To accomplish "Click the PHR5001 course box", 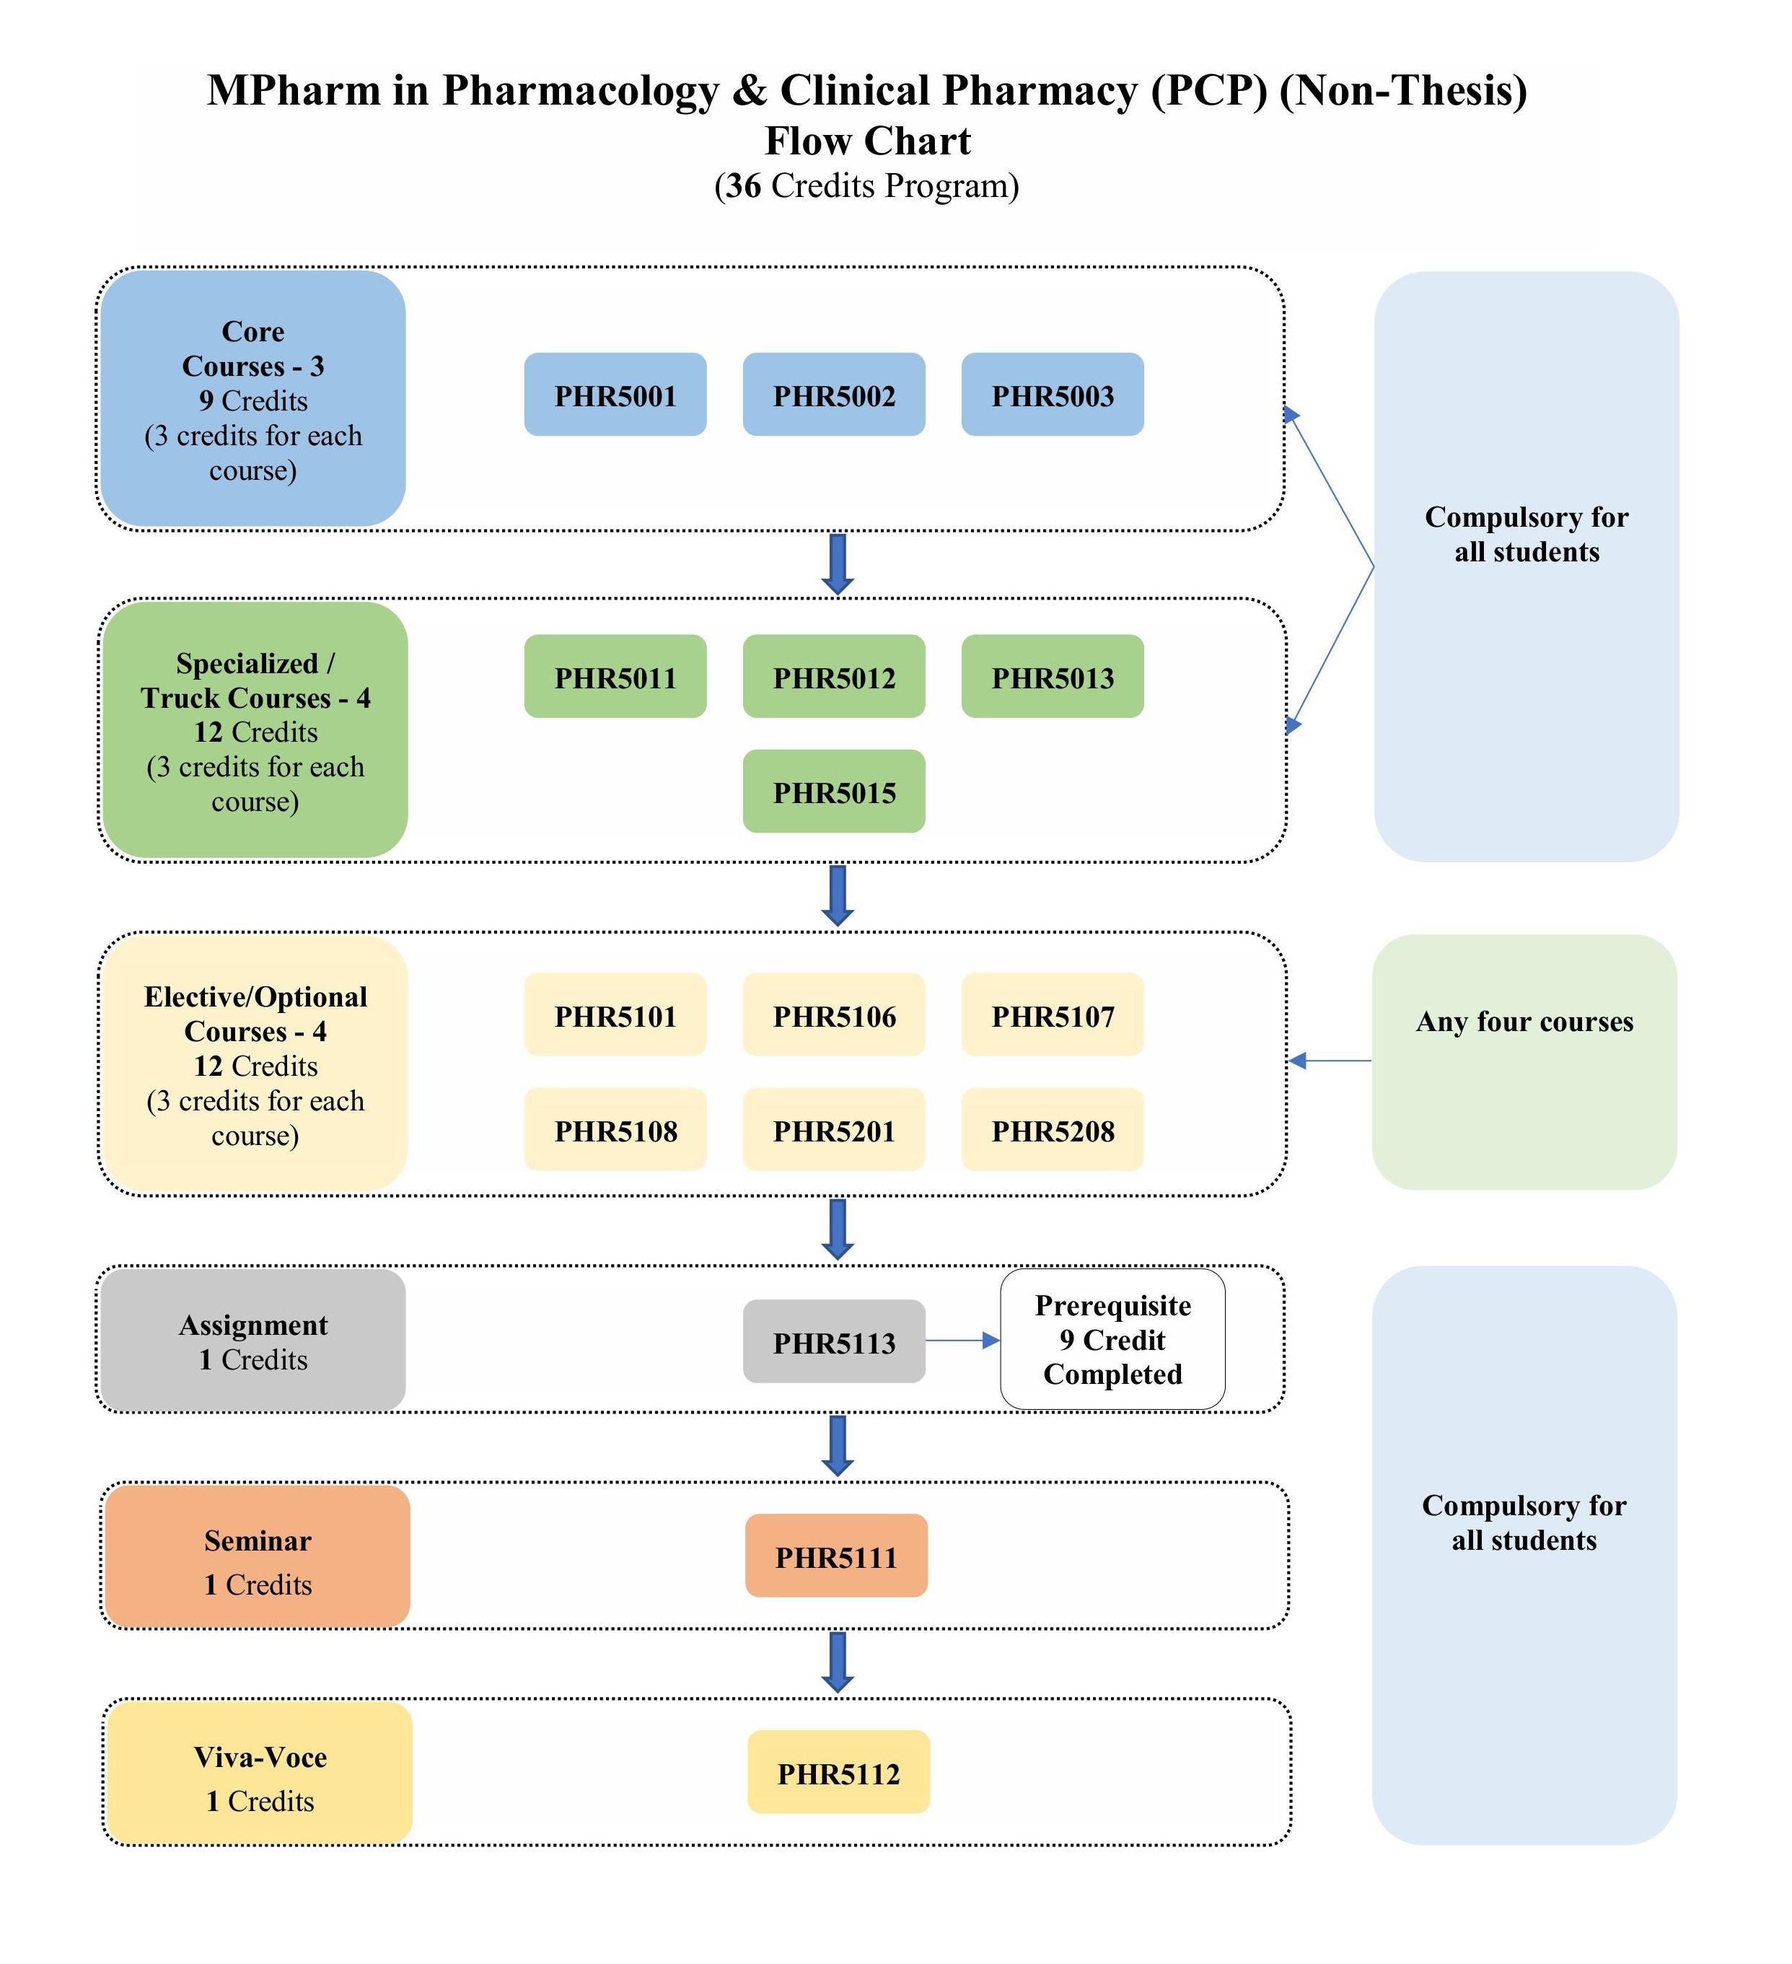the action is click(x=615, y=395).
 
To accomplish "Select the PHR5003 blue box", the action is click(x=1052, y=395).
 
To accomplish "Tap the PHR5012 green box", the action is click(x=834, y=676).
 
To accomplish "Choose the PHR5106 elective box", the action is click(x=834, y=1014).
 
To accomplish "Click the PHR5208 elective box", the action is click(x=1052, y=1129).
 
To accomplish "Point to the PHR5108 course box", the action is click(x=615, y=1129).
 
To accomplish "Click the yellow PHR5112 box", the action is click(x=838, y=1772).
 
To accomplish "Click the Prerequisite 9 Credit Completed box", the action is click(x=1112, y=1340).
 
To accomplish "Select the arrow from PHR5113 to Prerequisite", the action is click(x=962, y=1341).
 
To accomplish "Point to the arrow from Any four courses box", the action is click(x=1330, y=1061).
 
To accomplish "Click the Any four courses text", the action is click(x=1524, y=1022).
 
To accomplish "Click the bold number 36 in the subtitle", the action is click(x=743, y=186).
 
